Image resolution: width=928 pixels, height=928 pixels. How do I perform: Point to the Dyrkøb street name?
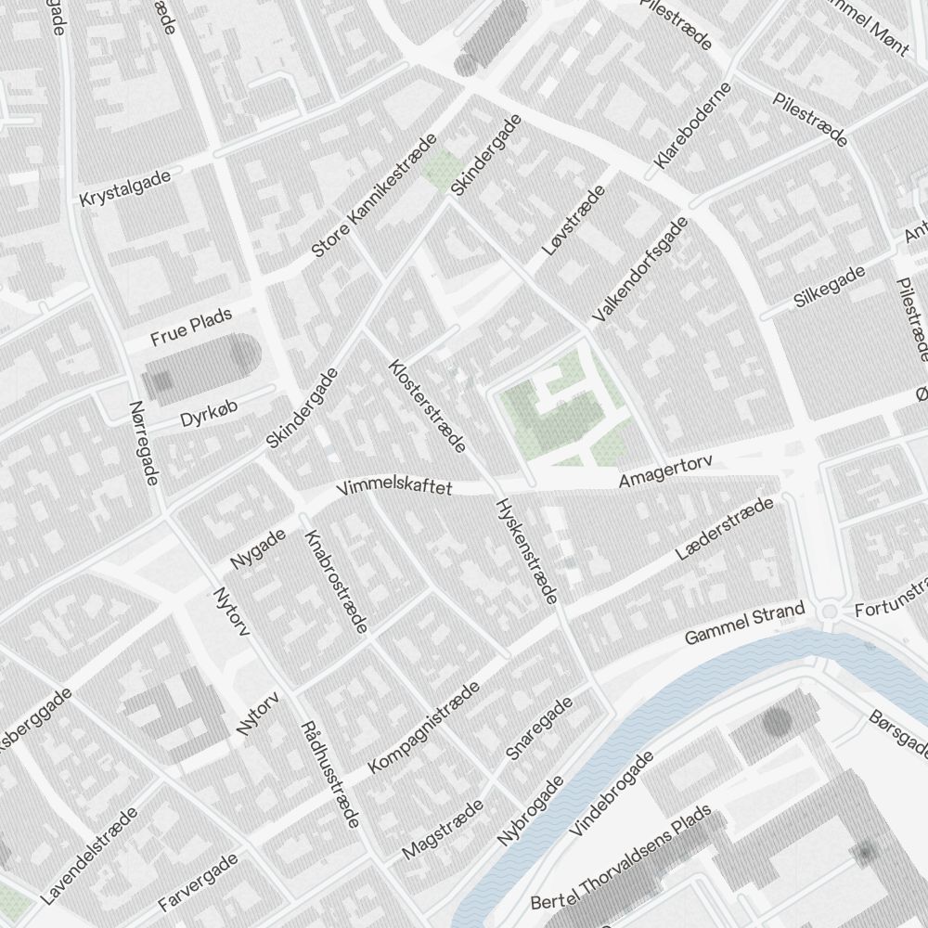point(204,417)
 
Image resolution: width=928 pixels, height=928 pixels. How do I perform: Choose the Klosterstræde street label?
point(427,406)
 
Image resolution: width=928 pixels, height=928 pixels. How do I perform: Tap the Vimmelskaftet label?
point(395,487)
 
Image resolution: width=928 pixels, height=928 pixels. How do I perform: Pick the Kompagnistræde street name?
point(424,728)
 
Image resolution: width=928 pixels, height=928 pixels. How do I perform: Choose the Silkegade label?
point(830,286)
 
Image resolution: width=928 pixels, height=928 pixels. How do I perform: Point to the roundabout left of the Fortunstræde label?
point(831,611)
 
